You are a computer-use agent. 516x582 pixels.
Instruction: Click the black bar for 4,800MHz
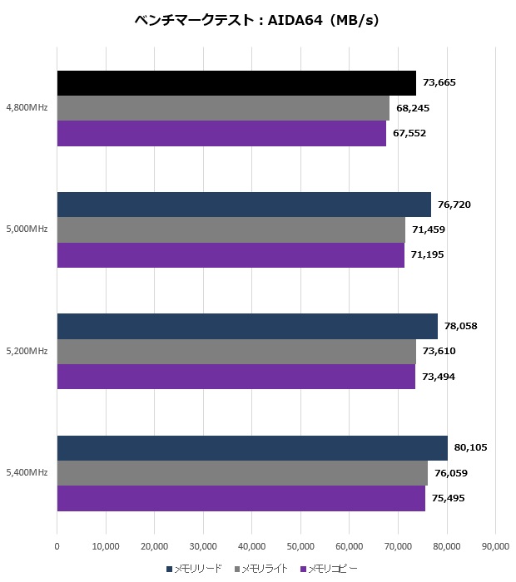[x=236, y=83]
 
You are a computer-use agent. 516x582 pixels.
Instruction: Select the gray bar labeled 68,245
[x=223, y=108]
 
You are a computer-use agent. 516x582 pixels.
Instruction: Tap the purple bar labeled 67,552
[x=221, y=133]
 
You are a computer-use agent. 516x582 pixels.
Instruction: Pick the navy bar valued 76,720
[x=244, y=205]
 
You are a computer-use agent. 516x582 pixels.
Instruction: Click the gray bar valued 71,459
[x=231, y=229]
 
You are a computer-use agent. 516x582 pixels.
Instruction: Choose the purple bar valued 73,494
[x=236, y=377]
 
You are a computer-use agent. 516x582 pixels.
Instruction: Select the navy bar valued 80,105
[x=252, y=447]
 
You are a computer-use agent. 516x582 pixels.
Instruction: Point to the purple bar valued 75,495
[x=241, y=498]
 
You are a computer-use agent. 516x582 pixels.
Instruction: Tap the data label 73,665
[x=439, y=82]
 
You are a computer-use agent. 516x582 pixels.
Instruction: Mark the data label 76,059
[x=451, y=473]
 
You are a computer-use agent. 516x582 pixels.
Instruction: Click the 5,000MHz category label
[x=27, y=229]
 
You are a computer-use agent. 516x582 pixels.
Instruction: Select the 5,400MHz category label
[x=27, y=473]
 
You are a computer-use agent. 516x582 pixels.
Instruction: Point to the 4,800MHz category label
[x=27, y=108]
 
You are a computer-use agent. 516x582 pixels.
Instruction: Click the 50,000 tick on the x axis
[x=300, y=546]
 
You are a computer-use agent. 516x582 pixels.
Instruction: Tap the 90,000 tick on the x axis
[x=495, y=546]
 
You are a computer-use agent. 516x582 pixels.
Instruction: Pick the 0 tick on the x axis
[x=57, y=546]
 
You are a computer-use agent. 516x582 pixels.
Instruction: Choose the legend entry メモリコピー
[x=333, y=569]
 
